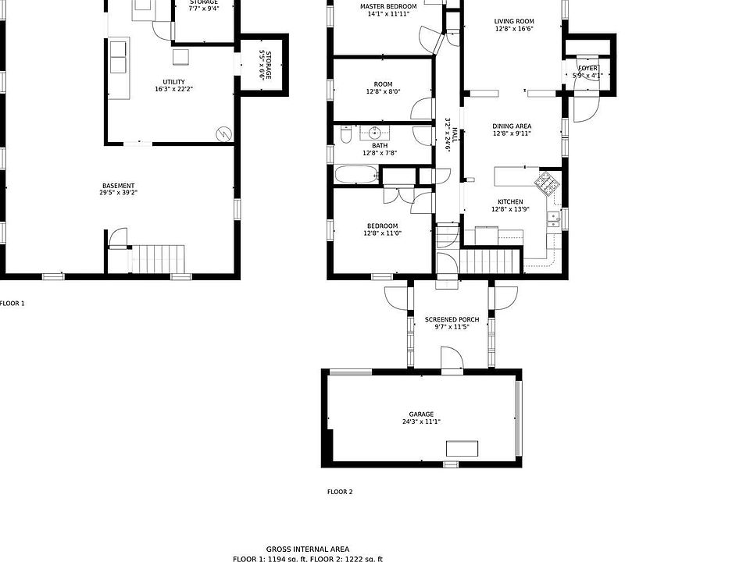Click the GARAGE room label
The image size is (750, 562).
(x=420, y=414)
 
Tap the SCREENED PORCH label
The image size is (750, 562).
(x=452, y=319)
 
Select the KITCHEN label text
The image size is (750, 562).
(x=507, y=201)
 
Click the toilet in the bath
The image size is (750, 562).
(x=346, y=137)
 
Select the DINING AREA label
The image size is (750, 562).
(x=512, y=126)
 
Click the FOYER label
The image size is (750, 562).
(x=587, y=69)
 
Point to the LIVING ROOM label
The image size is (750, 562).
(x=514, y=22)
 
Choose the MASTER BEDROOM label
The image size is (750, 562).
(x=388, y=6)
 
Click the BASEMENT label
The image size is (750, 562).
(x=118, y=186)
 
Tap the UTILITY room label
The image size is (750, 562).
(x=173, y=81)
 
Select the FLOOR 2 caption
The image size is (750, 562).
(x=340, y=492)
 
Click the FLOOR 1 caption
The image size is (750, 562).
(x=12, y=303)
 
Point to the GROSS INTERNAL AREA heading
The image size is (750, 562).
(x=308, y=549)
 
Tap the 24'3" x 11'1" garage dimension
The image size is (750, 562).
(x=420, y=422)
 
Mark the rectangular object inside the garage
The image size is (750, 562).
(x=462, y=448)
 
